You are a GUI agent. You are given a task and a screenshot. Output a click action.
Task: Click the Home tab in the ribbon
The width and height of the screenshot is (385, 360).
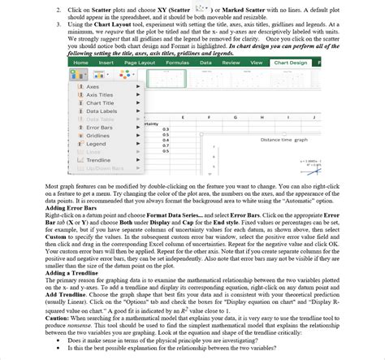coord(80,62)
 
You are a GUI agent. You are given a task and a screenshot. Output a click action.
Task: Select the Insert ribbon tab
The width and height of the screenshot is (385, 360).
coord(106,62)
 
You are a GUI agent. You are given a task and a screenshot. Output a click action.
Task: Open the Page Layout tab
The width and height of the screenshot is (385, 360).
coord(140,62)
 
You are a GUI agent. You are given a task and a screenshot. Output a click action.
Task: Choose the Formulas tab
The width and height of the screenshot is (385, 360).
coord(177,62)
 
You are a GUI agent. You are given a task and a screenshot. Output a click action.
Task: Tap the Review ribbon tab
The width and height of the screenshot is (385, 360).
coord(231,62)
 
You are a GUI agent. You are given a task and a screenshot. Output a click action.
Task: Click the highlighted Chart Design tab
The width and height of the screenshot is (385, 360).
coord(290,62)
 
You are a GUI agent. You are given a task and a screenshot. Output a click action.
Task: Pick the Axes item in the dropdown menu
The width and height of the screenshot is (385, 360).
coord(93,86)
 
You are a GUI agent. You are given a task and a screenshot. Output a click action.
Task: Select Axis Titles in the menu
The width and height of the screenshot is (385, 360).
coord(99,94)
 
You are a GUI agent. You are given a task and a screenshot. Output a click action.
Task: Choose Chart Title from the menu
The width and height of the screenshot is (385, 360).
coord(99,102)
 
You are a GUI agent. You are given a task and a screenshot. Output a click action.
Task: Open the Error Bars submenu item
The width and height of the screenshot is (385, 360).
coord(99,127)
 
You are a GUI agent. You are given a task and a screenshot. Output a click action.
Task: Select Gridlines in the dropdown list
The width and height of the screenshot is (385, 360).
coord(97,135)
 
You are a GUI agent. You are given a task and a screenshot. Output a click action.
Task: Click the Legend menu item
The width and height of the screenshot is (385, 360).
coord(95,143)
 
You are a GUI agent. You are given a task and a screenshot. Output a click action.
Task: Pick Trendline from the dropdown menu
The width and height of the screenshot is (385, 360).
coord(98,160)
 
